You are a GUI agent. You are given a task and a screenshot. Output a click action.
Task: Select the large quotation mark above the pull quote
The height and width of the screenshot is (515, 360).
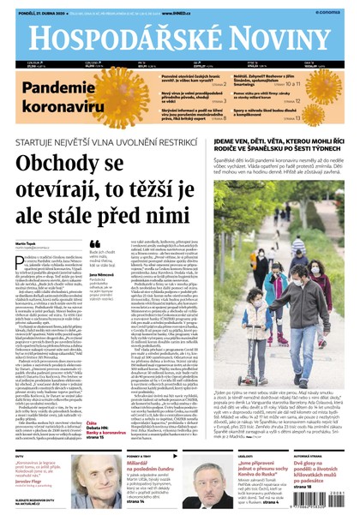click(x=93, y=244)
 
